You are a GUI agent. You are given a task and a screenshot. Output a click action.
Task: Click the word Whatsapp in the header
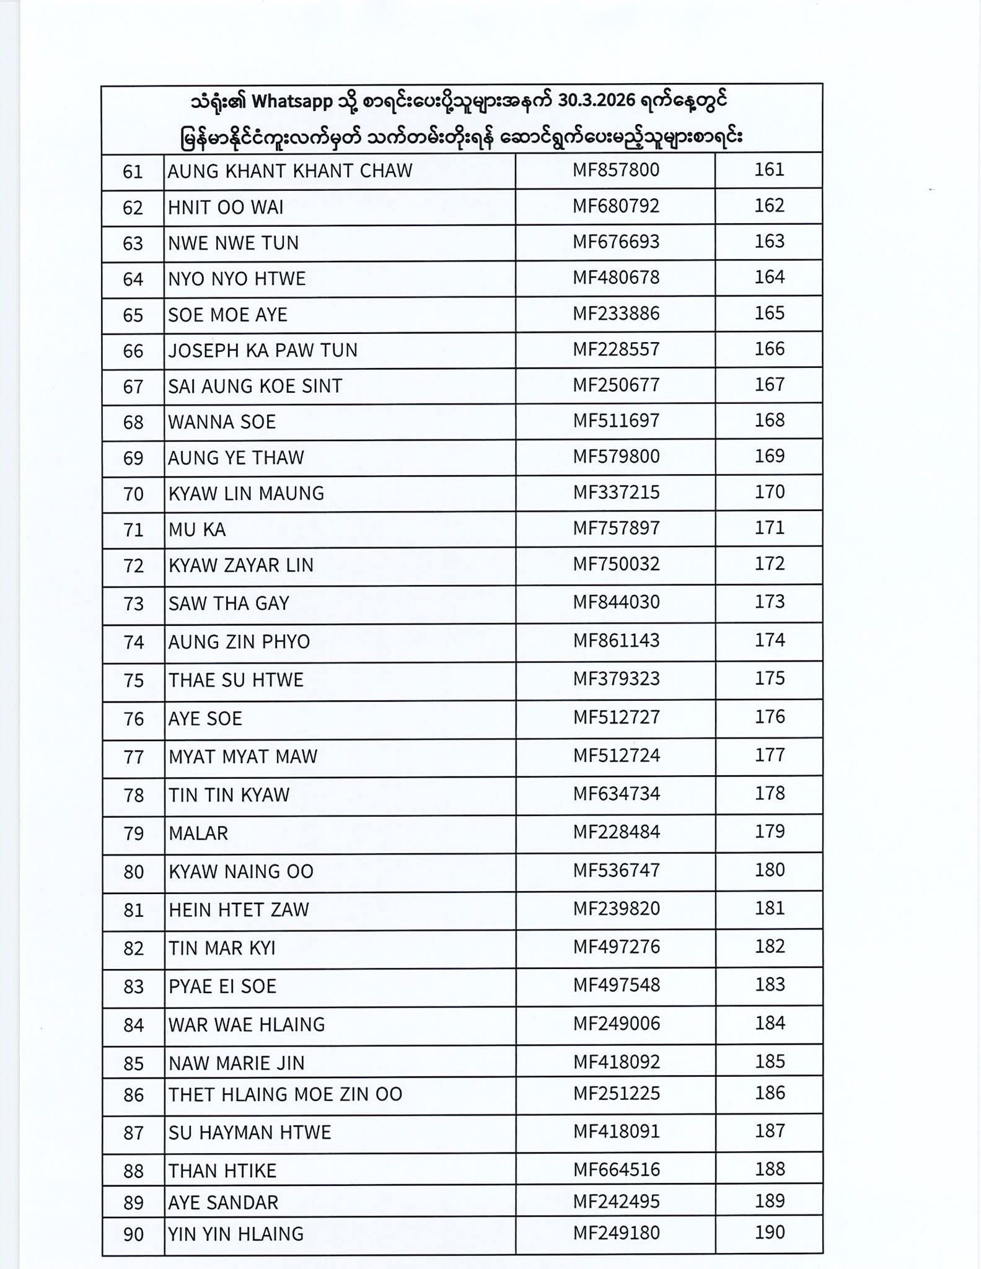click(x=292, y=102)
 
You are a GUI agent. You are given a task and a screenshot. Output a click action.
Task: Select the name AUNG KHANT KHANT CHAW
click(x=290, y=171)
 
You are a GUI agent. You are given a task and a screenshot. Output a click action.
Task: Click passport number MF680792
click(x=615, y=206)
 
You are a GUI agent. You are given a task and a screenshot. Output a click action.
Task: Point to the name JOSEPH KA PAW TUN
click(x=263, y=351)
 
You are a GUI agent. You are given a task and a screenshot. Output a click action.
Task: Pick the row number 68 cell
click(x=133, y=423)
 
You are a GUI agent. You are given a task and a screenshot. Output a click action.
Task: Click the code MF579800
click(x=615, y=457)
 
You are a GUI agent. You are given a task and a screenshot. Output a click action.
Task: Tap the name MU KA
click(x=197, y=530)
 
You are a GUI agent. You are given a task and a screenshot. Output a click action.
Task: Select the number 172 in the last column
click(x=769, y=564)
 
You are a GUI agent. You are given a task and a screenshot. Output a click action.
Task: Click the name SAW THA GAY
click(x=229, y=604)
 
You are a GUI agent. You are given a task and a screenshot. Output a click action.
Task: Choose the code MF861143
click(x=615, y=641)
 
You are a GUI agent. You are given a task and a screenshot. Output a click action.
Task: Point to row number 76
click(x=133, y=719)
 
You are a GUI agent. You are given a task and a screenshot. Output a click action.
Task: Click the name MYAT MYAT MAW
click(x=243, y=757)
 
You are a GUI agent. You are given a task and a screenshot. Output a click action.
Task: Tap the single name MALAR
click(x=198, y=833)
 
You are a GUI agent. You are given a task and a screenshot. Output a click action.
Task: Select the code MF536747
click(x=615, y=871)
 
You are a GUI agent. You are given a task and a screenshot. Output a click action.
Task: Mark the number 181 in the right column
click(x=769, y=908)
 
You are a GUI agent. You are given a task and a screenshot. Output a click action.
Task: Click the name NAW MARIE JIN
click(x=237, y=1064)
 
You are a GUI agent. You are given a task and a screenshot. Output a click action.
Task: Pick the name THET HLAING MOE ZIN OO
click(x=285, y=1095)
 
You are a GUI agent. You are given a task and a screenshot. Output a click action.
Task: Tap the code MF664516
click(x=615, y=1170)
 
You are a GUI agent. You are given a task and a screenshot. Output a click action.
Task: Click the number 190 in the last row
click(x=769, y=1232)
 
